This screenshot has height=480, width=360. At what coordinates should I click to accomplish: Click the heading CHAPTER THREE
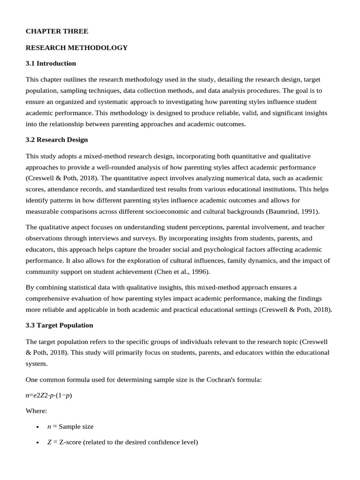click(x=57, y=31)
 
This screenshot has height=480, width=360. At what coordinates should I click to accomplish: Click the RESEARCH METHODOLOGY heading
click(x=76, y=47)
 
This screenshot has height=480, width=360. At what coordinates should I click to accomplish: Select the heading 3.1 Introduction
click(x=51, y=63)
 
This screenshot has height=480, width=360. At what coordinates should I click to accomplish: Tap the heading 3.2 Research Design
click(x=57, y=140)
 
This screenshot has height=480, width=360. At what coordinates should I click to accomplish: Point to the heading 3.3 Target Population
click(x=60, y=325)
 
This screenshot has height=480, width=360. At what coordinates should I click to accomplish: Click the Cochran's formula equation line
click(x=49, y=395)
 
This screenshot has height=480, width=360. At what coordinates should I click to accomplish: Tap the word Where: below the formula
click(x=37, y=411)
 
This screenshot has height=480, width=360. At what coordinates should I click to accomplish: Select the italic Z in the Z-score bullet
click(x=49, y=442)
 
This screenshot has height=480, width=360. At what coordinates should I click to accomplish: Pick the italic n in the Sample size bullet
click(x=49, y=427)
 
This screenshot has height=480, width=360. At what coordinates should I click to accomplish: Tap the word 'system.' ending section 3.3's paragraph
click(x=36, y=363)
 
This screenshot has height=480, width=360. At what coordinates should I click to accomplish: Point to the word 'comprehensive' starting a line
click(x=49, y=299)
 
